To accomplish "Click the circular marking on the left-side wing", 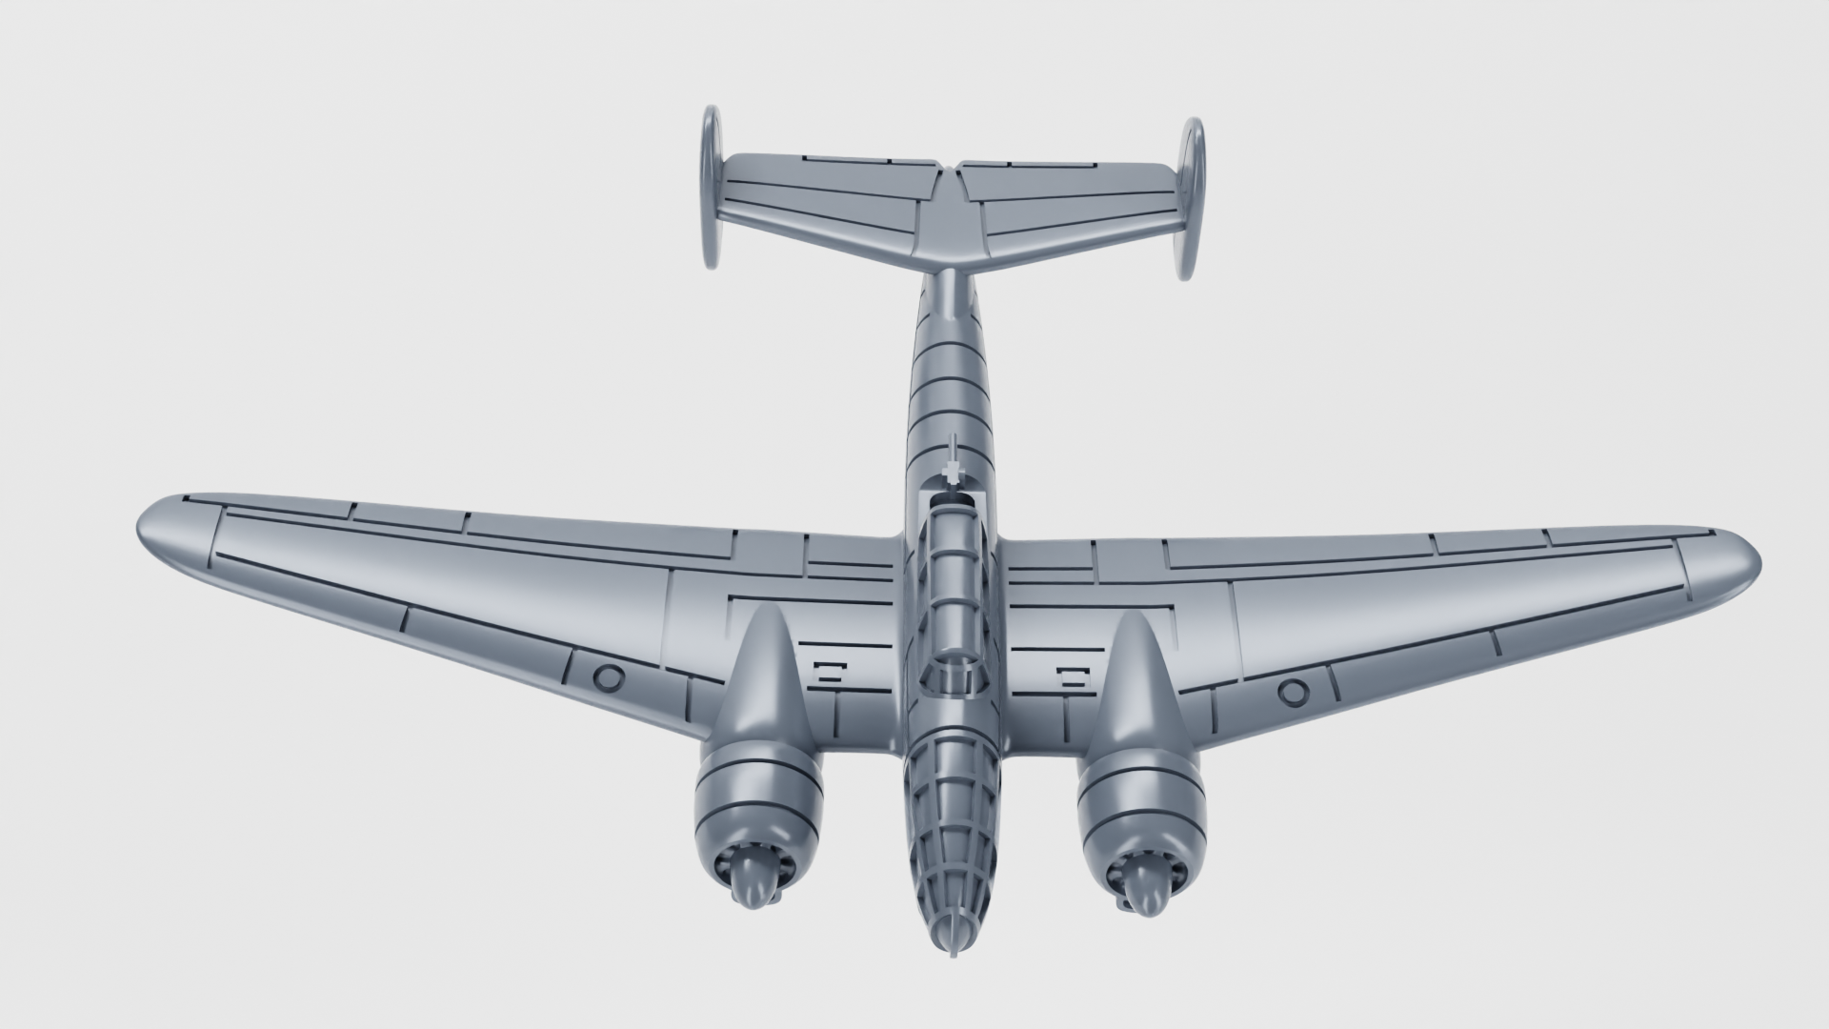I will pos(607,677).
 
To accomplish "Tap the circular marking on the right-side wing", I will pos(1292,691).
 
